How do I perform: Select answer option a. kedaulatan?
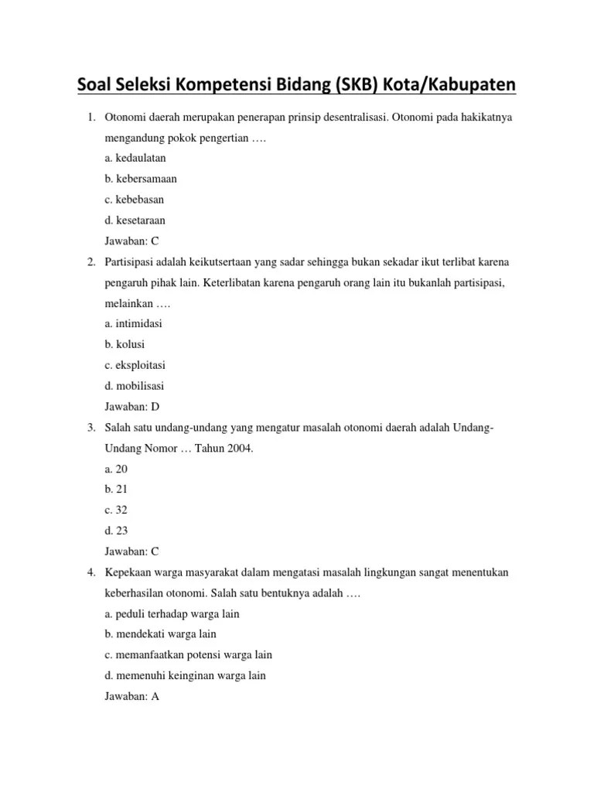click(x=135, y=158)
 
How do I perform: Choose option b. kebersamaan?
click(x=141, y=179)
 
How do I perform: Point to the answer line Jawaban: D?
click(x=132, y=406)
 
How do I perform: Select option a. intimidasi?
click(x=133, y=323)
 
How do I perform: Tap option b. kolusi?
click(x=125, y=344)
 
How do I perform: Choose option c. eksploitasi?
click(x=135, y=365)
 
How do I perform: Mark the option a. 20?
click(x=116, y=469)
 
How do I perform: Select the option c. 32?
click(x=116, y=510)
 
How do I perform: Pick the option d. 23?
click(x=116, y=531)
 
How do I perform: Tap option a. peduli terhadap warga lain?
click(x=172, y=613)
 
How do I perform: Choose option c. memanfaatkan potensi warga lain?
click(x=188, y=654)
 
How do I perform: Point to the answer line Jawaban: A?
click(x=132, y=696)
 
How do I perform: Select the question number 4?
click(x=90, y=572)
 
